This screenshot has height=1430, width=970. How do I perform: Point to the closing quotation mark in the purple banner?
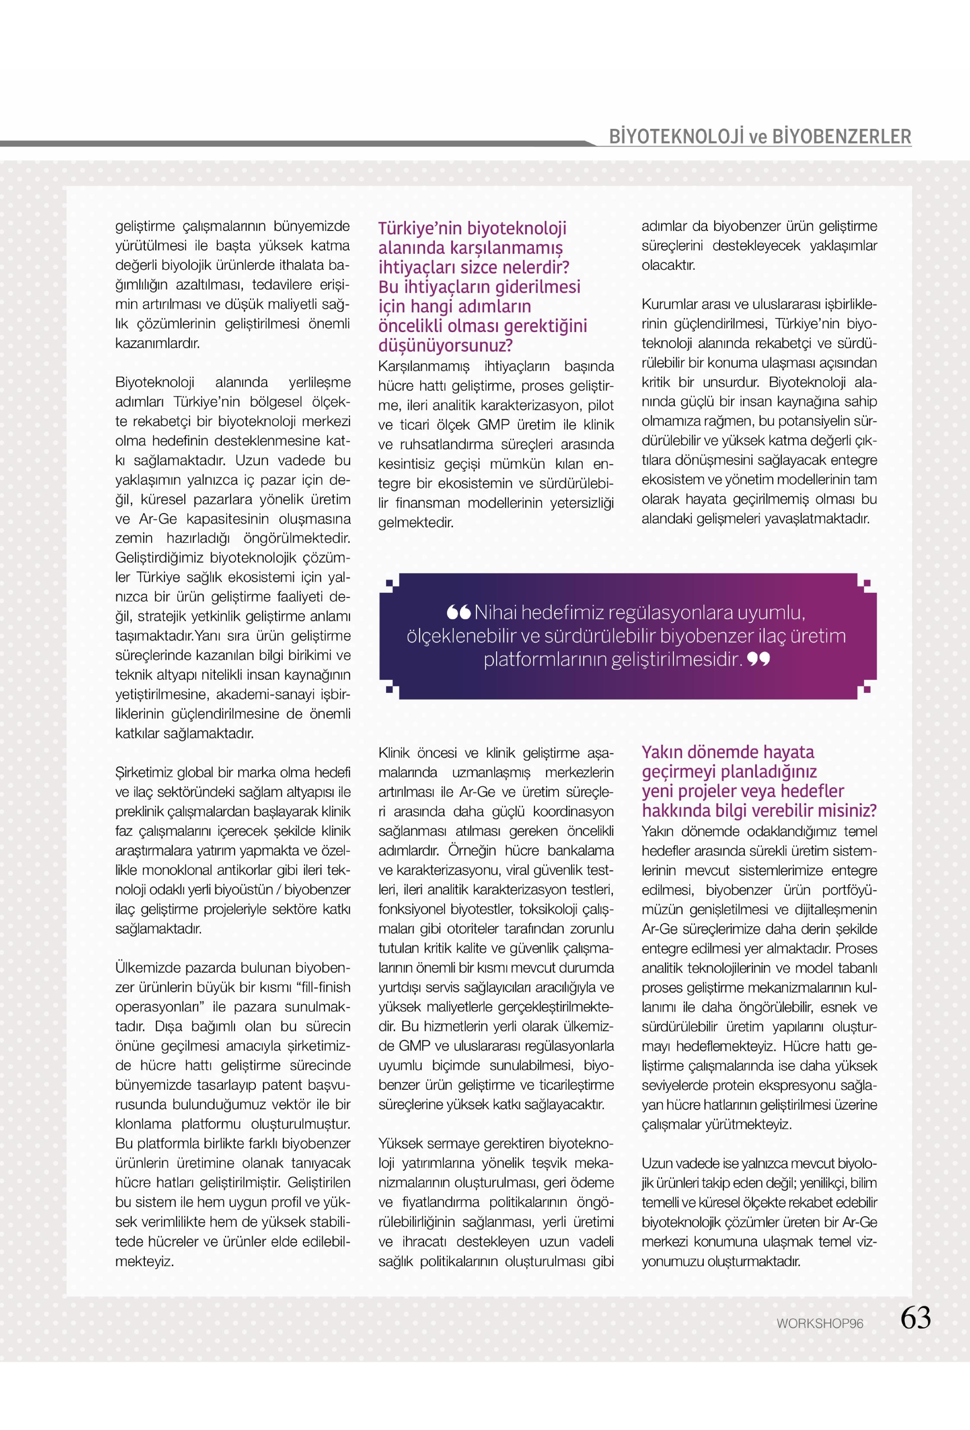759,659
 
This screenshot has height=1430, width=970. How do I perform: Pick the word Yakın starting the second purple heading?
663,752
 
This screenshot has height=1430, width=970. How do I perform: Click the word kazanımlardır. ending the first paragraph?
157,343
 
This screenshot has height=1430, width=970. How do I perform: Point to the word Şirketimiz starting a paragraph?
144,772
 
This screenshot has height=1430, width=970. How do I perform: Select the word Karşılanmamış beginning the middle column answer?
424,367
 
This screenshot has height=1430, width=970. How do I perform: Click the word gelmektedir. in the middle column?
416,523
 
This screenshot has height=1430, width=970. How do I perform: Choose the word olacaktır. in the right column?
669,265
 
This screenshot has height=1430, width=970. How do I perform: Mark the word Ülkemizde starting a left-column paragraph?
144,967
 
